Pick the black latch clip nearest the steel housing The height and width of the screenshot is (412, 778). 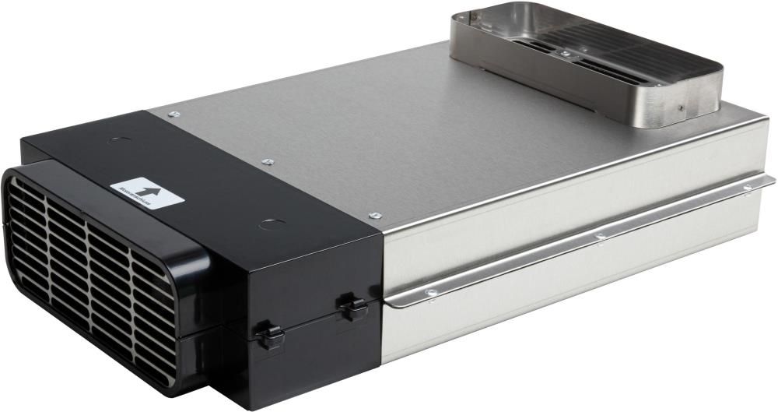click(354, 307)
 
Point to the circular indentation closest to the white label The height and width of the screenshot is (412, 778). click(119, 142)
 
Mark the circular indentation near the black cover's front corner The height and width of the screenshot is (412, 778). click(270, 226)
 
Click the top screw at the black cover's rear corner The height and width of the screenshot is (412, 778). click(173, 114)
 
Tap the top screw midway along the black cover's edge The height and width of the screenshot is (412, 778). click(268, 161)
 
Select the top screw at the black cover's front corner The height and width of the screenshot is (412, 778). click(375, 215)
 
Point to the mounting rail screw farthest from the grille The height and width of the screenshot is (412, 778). click(748, 187)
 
